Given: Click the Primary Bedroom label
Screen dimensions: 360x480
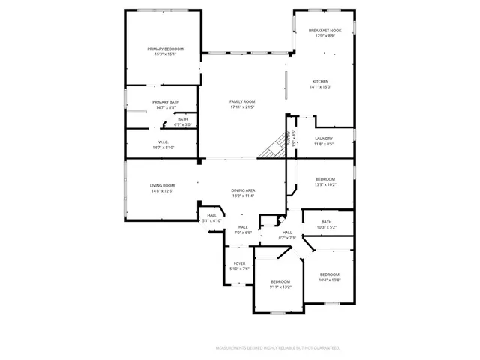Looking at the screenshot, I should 165,49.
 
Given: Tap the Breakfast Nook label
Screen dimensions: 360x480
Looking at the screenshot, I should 325,31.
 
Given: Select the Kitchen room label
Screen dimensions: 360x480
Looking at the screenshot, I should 320,82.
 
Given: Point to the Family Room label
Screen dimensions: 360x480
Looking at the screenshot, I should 242,101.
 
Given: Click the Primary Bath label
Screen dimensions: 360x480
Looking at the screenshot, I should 166,102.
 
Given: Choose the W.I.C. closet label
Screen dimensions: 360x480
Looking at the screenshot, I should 163,142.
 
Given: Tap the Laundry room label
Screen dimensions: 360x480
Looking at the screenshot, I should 324,139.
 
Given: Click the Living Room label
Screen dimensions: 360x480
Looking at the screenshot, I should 162,186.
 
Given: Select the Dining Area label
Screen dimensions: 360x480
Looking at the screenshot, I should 243,190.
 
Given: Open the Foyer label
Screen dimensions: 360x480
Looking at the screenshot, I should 239,263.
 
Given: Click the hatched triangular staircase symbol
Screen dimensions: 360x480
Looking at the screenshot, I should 273,148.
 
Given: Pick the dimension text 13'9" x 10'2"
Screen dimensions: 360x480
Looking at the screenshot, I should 325,184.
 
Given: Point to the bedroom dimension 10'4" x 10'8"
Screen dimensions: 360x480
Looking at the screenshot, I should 330,280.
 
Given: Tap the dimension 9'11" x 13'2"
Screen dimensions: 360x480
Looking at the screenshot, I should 280,286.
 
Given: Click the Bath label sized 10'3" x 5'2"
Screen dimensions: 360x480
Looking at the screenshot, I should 326,222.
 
